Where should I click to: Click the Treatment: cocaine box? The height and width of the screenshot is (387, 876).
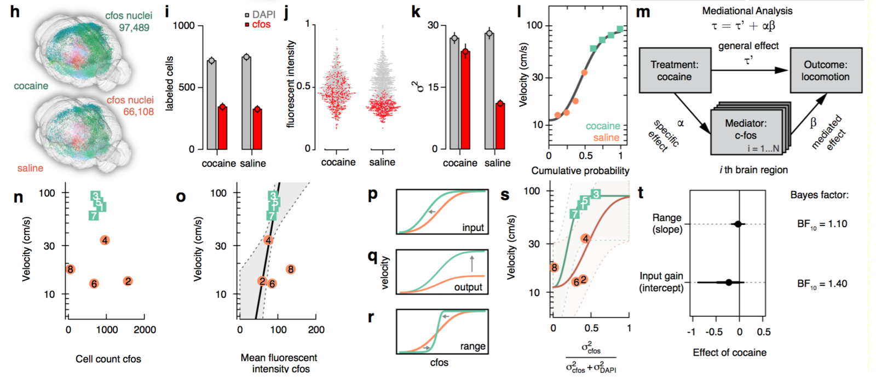point(675,71)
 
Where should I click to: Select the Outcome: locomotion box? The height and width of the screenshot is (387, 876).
point(825,71)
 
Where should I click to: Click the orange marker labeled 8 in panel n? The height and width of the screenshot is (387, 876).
point(70,269)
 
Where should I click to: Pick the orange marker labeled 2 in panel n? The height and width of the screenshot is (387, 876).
point(128,281)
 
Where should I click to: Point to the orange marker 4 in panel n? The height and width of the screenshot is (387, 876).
point(105,240)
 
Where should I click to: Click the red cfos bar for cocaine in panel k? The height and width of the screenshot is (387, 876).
point(465,101)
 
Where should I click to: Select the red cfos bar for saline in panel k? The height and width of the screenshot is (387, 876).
point(500,126)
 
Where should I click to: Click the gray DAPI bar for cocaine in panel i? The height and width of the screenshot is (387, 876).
point(211,105)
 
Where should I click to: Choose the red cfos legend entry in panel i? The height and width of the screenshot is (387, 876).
point(261,25)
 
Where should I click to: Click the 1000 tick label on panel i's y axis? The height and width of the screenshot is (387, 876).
point(183,26)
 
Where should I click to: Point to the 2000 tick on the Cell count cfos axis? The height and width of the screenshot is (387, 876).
point(145,330)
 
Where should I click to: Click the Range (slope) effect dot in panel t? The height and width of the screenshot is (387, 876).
point(737,224)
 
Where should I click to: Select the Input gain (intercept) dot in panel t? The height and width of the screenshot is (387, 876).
point(728,282)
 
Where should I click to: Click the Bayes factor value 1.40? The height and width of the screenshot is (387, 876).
point(822,284)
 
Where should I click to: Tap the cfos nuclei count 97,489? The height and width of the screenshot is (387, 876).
point(134,27)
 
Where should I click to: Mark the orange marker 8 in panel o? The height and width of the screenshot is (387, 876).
point(291,269)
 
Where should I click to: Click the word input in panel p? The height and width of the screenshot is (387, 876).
point(472,228)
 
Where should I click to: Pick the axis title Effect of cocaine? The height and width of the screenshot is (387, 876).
point(729,353)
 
